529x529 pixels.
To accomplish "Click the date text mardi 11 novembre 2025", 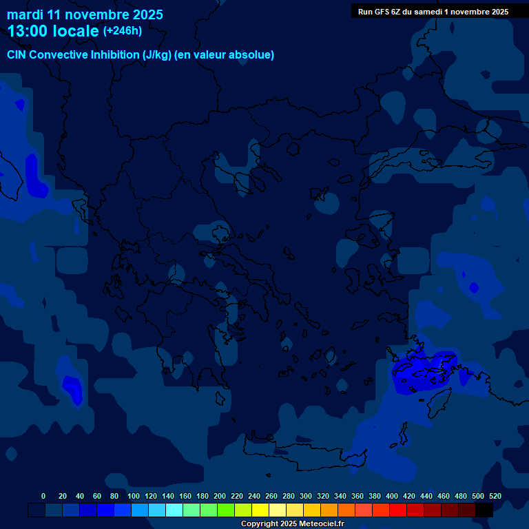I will click(85, 14).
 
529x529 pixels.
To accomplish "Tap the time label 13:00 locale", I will click(53, 31).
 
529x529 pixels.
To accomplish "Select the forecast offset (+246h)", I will click(122, 31).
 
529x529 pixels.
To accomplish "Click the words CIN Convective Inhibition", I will click(73, 55).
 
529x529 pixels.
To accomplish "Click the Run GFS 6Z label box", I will click(433, 12).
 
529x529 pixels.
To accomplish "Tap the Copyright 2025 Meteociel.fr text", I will click(292, 524).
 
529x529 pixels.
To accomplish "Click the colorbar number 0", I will click(43, 496).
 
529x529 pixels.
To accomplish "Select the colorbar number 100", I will click(133, 496).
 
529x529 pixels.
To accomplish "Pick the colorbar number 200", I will click(220, 496).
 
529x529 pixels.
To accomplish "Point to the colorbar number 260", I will click(271, 496).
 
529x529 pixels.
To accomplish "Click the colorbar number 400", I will click(392, 496).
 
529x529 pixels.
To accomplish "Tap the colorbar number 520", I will click(495, 496).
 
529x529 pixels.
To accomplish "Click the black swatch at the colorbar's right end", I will click(484, 510).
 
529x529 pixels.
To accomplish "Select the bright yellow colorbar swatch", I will click(260, 510).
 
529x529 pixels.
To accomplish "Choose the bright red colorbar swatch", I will click(398, 510).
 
